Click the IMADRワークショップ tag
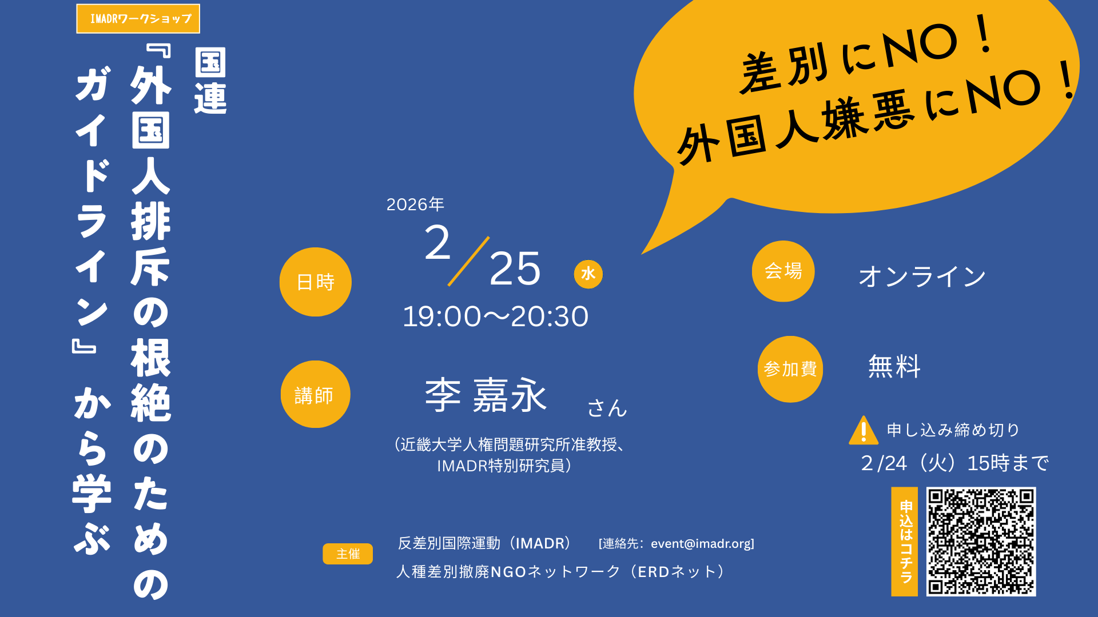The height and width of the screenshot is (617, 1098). tap(138, 19)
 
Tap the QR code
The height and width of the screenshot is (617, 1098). tap(981, 542)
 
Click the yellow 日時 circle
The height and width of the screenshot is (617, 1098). tap(316, 282)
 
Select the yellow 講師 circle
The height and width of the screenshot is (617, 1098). tap(316, 394)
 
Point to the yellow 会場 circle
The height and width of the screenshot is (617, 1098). tap(783, 271)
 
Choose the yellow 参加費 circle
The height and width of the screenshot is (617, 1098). tap(790, 369)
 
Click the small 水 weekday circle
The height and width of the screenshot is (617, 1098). tap(588, 274)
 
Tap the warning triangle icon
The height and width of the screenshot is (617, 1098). tap(864, 430)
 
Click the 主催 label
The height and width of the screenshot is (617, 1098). tap(348, 554)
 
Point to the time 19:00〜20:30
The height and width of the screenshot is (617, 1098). tap(496, 316)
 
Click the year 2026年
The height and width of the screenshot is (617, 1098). tap(415, 205)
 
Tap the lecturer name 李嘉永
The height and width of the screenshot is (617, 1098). tap(486, 395)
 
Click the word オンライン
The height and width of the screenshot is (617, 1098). tap(922, 277)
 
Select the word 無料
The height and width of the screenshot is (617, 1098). tap(894, 367)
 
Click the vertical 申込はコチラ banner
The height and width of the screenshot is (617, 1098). tap(905, 542)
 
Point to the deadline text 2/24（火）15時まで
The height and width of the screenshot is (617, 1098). tap(955, 463)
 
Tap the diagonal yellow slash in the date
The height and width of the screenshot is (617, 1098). tap(468, 261)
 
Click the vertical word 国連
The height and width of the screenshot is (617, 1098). tap(210, 81)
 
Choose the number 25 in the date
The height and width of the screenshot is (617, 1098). tap(515, 269)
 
